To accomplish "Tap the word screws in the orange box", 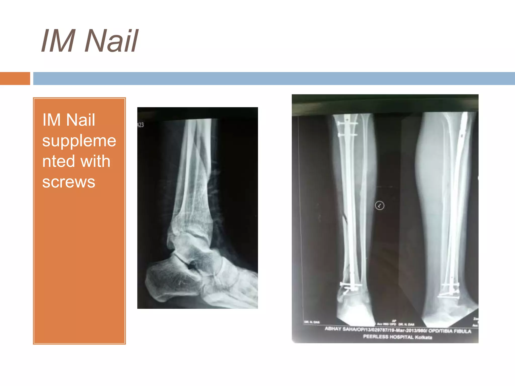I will point(69,182).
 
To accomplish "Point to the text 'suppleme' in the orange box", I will point(79,140).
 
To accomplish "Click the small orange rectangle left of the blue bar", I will point(15,78).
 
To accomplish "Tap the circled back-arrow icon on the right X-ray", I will point(379,206).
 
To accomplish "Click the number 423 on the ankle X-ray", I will point(141,125).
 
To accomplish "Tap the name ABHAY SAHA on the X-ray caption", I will point(338,329).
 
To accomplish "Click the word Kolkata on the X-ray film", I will point(423,337).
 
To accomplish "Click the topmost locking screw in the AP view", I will point(347,123).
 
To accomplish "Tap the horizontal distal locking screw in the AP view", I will point(351,284).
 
